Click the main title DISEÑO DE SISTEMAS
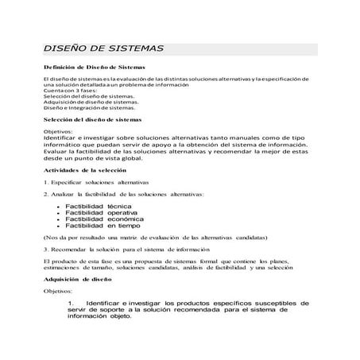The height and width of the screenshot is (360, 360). tap(103, 48)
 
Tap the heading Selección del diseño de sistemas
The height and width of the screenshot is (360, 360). tap(92, 118)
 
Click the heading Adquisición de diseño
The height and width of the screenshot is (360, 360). tap(77, 280)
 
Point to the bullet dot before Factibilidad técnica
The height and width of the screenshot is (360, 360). tap(60, 205)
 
